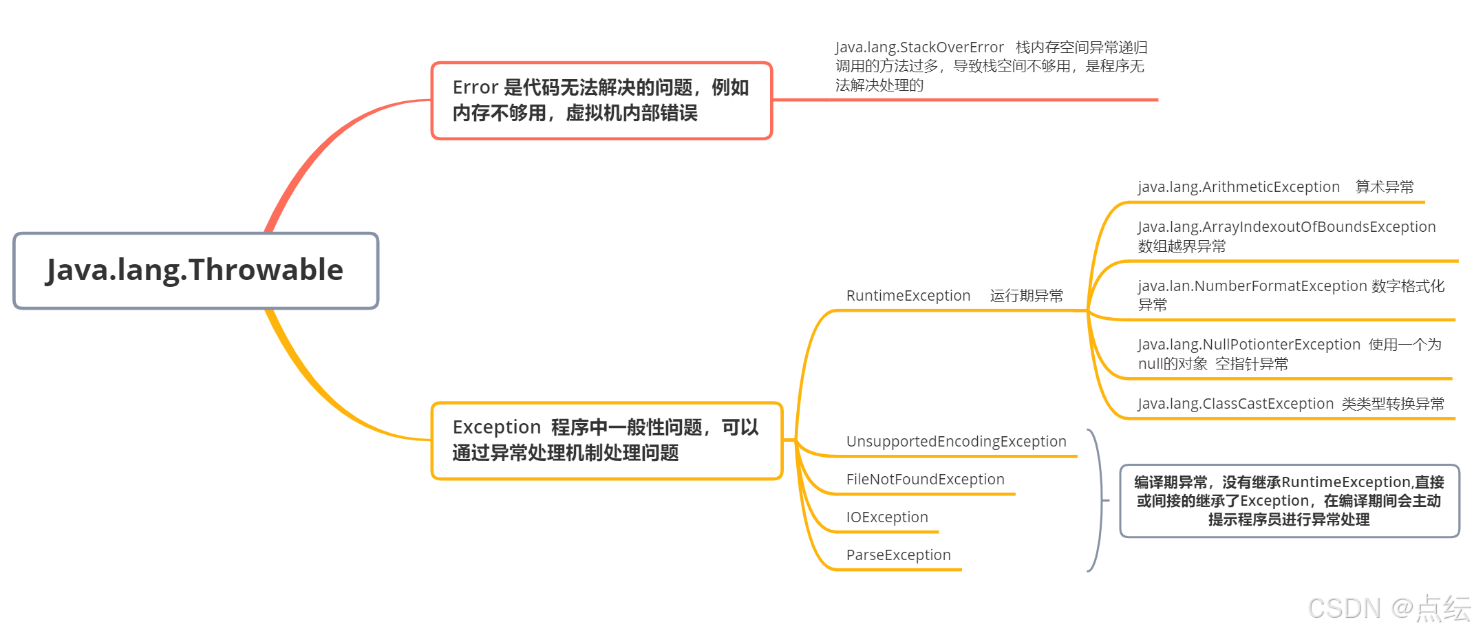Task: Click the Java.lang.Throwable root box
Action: tap(195, 270)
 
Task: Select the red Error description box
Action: tap(601, 100)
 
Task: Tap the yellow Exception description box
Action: tap(606, 440)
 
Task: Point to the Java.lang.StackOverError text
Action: tap(919, 47)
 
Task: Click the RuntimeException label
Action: tap(908, 296)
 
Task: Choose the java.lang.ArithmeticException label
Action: tap(1239, 187)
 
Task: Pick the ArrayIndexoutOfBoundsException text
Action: tap(1286, 227)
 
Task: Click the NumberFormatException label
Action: tap(1252, 286)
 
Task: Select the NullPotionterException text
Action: tap(1249, 345)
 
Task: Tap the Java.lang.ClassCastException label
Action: tap(1235, 404)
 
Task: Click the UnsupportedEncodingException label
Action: tap(956, 442)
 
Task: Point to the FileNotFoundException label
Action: tap(925, 480)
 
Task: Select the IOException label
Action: tap(887, 517)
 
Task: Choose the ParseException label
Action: tap(898, 555)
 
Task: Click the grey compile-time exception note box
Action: tap(1289, 501)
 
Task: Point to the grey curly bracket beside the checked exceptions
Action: tap(1099, 500)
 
